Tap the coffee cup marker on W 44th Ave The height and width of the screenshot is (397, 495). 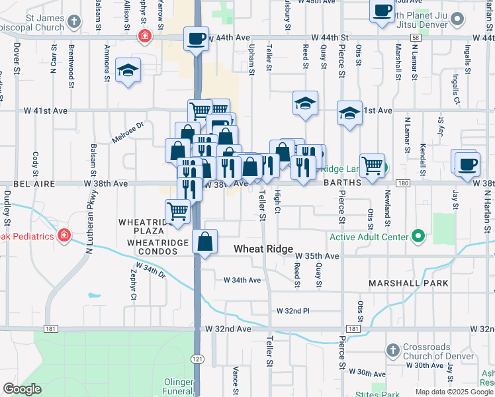(196, 38)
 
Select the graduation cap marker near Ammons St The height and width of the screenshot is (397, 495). (128, 71)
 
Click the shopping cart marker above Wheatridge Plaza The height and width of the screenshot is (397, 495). (177, 211)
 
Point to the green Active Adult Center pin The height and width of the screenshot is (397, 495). (418, 236)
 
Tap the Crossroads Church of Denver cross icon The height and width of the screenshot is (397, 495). (392, 349)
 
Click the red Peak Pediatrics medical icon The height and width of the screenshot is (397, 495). (64, 235)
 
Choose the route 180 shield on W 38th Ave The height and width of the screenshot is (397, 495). (402, 183)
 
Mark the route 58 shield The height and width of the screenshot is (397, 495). (414, 38)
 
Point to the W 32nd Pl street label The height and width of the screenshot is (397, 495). (293, 310)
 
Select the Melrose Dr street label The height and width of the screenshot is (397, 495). (130, 124)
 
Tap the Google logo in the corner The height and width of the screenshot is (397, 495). (22, 389)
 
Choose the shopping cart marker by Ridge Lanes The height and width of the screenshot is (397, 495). (372, 165)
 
